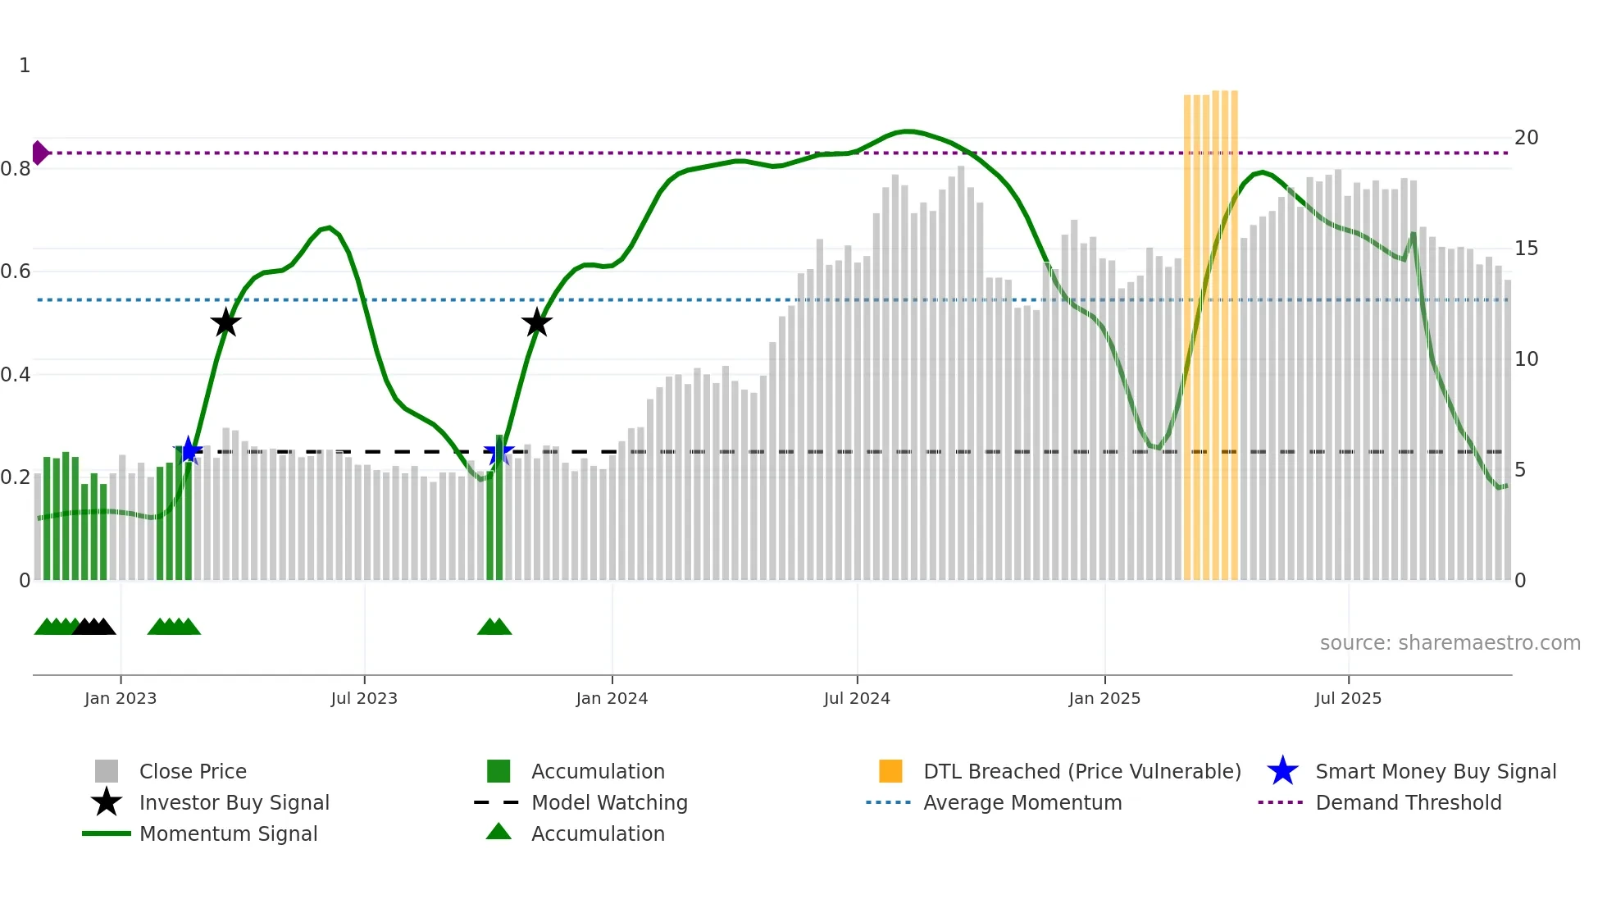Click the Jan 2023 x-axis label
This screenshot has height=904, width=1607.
click(121, 699)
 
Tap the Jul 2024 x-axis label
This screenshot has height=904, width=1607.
click(857, 699)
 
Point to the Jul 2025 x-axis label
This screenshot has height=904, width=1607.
click(1348, 699)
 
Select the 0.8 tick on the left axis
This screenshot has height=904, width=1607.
click(16, 169)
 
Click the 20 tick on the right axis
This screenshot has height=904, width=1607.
click(1526, 138)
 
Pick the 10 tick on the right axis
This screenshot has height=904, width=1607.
click(1526, 359)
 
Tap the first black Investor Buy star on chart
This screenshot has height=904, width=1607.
click(225, 322)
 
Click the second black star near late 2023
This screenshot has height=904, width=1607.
click(537, 322)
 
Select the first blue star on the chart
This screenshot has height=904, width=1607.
click(189, 450)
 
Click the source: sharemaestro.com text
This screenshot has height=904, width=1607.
click(1450, 643)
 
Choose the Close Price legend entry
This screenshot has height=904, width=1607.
click(192, 772)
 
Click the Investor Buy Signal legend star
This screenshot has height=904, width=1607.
click(107, 802)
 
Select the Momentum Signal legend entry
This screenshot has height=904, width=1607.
click(228, 834)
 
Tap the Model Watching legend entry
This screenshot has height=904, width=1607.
click(608, 803)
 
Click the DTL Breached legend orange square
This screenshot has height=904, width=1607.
click(890, 771)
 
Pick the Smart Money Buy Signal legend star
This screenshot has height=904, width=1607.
click(1282, 771)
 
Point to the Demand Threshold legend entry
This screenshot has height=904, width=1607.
click(1408, 803)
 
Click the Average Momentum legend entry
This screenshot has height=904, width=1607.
click(1022, 803)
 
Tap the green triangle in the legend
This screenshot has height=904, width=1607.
click(498, 832)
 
